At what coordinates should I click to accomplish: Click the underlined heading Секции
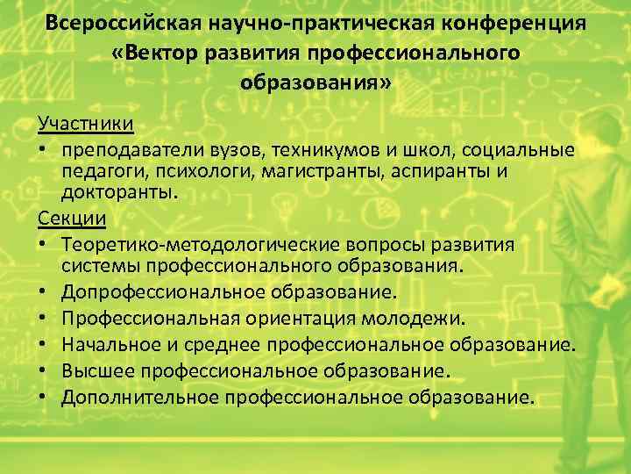72,218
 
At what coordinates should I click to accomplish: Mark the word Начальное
119,343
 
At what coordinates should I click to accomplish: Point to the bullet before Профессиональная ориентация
42,317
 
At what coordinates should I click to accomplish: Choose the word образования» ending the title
315,83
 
